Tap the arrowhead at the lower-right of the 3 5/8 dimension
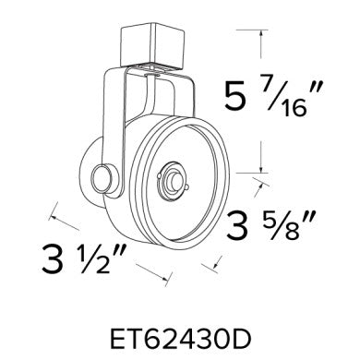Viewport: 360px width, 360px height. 220,268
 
